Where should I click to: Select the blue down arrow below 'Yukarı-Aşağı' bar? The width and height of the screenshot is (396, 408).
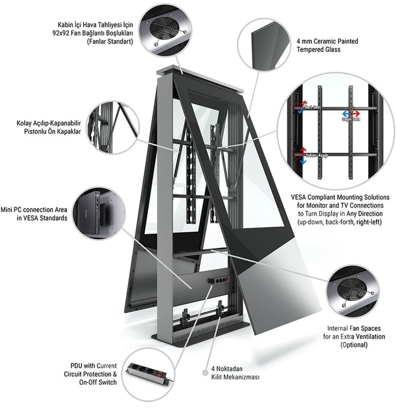pyautogui.click(x=302, y=161)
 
